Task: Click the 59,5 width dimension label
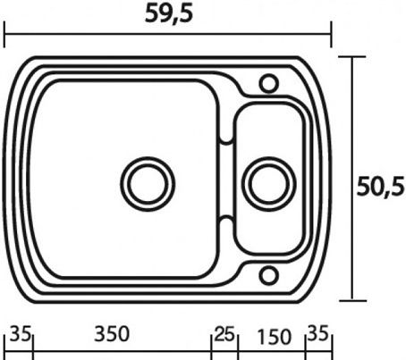(x=169, y=14)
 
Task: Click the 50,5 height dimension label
(x=381, y=187)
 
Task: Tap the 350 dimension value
(x=112, y=334)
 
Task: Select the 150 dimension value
(x=274, y=337)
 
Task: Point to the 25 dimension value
(x=224, y=334)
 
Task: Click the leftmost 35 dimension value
(x=21, y=333)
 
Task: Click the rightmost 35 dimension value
(x=317, y=332)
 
